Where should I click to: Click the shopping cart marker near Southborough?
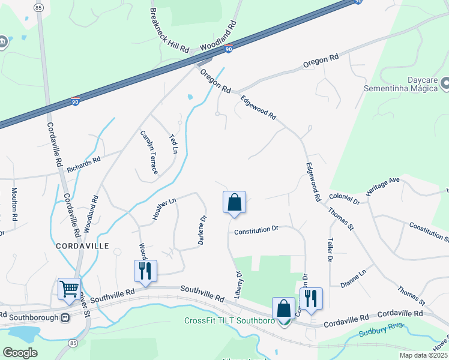(x=69, y=289)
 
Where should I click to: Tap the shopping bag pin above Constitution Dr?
(x=234, y=202)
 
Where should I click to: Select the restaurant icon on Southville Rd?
(x=145, y=271)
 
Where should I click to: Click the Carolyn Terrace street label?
(x=149, y=152)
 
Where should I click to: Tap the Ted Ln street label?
(x=174, y=143)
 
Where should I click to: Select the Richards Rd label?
(x=84, y=161)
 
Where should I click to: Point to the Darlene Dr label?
(x=203, y=229)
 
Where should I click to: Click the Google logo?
(x=20, y=352)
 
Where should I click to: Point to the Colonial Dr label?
(x=344, y=199)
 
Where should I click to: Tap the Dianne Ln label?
(x=353, y=278)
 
